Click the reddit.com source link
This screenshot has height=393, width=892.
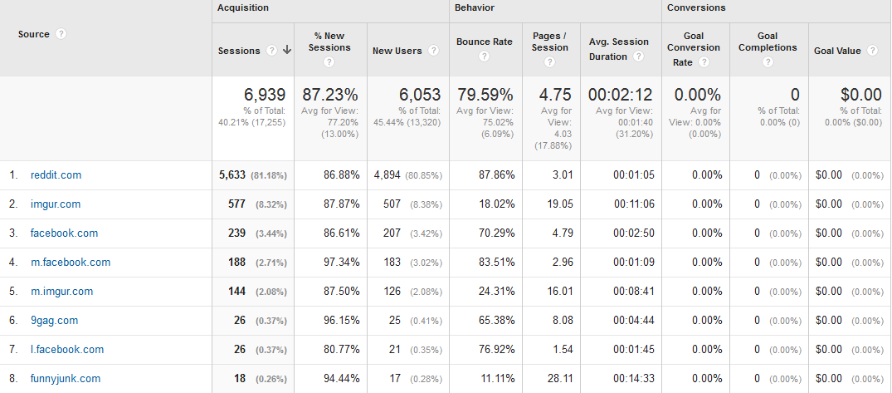tap(56, 175)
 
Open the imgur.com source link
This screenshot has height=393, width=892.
tap(55, 204)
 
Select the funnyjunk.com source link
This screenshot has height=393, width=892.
tap(65, 379)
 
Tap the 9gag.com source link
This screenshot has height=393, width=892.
tap(54, 321)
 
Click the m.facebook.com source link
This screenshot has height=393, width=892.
tap(70, 263)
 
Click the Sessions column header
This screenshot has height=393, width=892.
tap(239, 51)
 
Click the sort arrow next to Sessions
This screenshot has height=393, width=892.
tap(287, 50)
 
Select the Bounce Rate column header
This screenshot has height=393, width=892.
tap(485, 42)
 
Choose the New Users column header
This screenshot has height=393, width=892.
tap(397, 51)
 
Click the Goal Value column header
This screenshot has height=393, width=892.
tap(837, 51)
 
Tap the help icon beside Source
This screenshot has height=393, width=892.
tap(61, 34)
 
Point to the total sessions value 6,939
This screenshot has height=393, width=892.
tap(264, 95)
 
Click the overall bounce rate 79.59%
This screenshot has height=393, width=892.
tap(485, 95)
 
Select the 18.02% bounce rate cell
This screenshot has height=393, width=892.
tap(494, 204)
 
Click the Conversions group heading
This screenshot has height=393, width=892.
tap(696, 7)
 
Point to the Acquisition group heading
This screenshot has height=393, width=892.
tap(243, 7)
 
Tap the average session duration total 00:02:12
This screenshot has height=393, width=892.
tap(620, 95)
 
